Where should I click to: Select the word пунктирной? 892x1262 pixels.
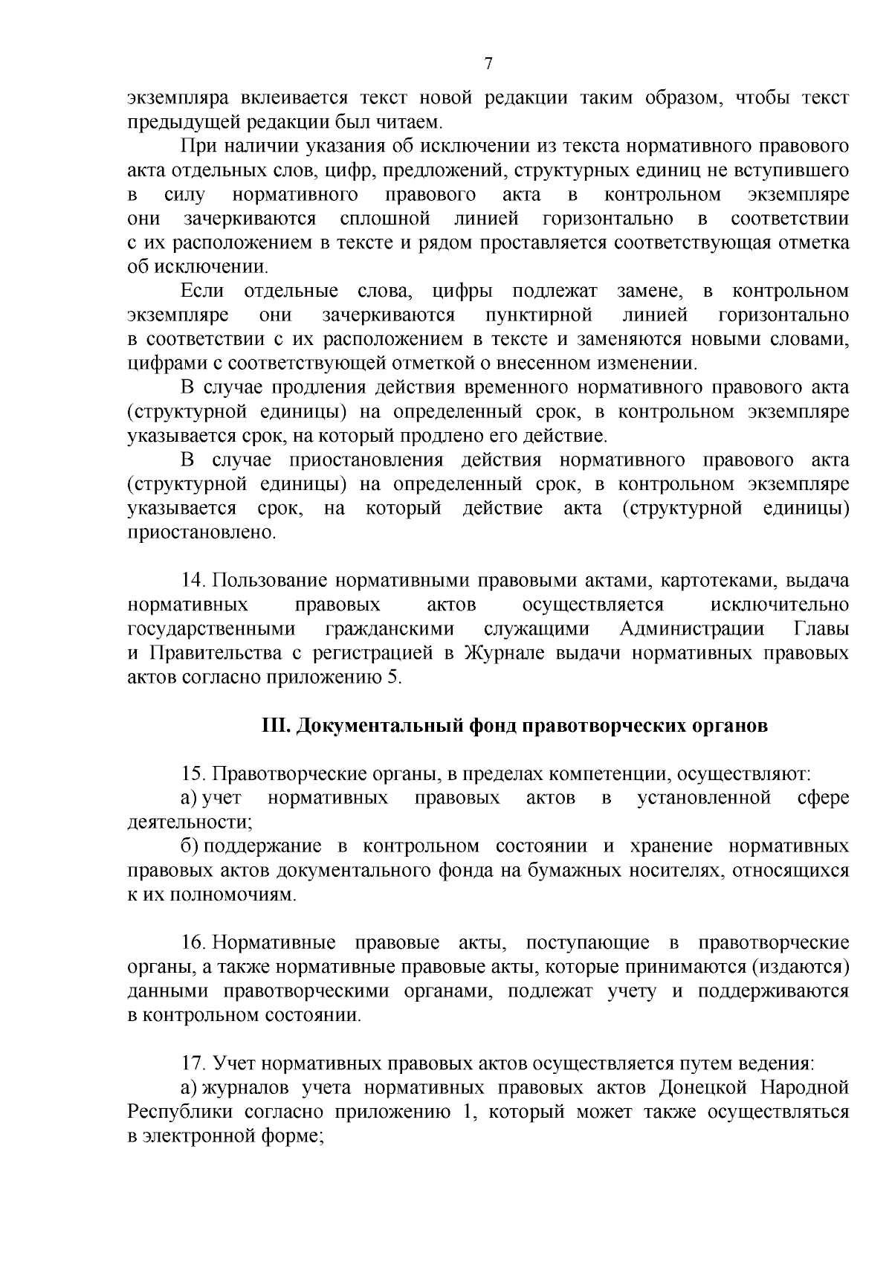539,315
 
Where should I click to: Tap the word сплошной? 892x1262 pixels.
385,219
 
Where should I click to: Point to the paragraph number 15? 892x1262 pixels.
195,775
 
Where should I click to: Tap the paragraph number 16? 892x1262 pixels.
195,944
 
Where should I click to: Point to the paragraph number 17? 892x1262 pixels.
195,1064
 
